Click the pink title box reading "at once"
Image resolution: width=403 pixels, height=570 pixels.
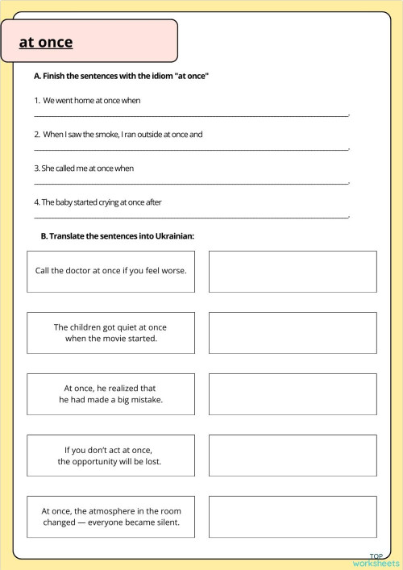pyautogui.click(x=97, y=41)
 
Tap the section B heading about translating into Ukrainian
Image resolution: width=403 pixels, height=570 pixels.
pyautogui.click(x=118, y=236)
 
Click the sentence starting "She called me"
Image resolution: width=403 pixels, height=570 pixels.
pyautogui.click(x=84, y=169)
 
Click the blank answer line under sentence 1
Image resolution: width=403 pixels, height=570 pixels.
pyautogui.click(x=191, y=115)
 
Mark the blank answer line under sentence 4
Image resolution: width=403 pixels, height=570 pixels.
pyautogui.click(x=191, y=217)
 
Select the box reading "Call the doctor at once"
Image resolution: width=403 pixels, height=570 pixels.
pyautogui.click(x=110, y=271)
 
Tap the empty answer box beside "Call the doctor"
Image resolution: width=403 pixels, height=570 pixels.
pyautogui.click(x=293, y=271)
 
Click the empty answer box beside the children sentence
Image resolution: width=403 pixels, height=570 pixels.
pyautogui.click(x=293, y=333)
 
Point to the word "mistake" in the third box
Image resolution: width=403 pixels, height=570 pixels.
pyautogui.click(x=147, y=400)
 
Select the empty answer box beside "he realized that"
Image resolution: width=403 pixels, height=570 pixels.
pyautogui.click(x=293, y=394)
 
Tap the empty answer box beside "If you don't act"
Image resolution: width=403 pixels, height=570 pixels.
pyautogui.click(x=293, y=456)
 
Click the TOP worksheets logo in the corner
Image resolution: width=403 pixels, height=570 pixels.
pyautogui.click(x=376, y=560)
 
